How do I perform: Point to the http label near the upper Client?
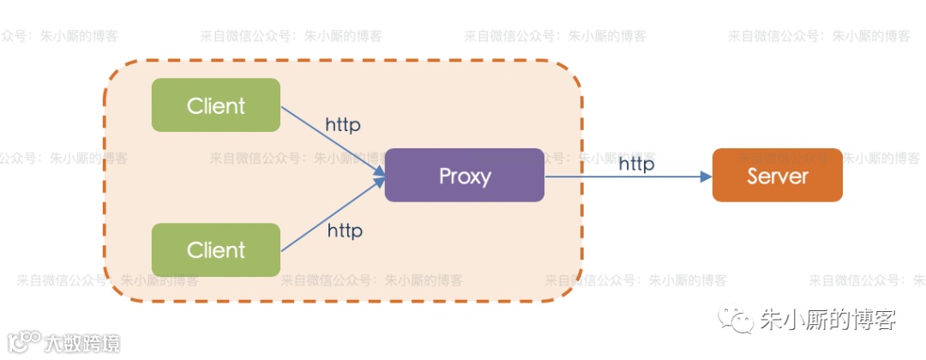(342, 124)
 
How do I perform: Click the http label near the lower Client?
(345, 231)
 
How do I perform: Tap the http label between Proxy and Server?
(636, 164)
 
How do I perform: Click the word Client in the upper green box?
(216, 105)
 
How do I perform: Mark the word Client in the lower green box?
(216, 250)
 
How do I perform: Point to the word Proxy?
(465, 176)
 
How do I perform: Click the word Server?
(778, 176)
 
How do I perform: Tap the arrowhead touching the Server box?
(706, 176)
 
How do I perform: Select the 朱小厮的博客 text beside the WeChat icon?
(828, 321)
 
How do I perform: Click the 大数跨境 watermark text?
(83, 343)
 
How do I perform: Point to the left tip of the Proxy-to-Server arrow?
(546, 176)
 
